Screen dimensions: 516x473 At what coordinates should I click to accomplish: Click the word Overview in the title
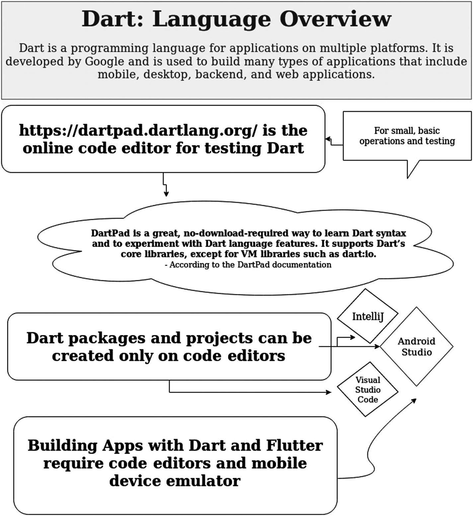coord(335,19)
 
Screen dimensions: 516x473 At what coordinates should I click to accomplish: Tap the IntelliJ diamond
coord(367,316)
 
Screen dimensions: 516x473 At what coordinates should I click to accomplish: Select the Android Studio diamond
coord(416,347)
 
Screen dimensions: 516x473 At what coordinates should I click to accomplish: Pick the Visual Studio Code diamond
coord(367,389)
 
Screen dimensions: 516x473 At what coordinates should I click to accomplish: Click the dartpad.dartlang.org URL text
coord(138,130)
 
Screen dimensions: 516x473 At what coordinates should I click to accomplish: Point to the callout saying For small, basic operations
coord(407,136)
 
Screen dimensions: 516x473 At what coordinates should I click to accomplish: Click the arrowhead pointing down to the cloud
coord(166,194)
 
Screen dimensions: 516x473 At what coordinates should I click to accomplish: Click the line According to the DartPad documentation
coord(248,265)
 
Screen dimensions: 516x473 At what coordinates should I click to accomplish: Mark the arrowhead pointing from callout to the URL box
coord(327,139)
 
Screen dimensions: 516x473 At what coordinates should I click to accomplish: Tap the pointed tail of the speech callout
coord(408,177)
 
